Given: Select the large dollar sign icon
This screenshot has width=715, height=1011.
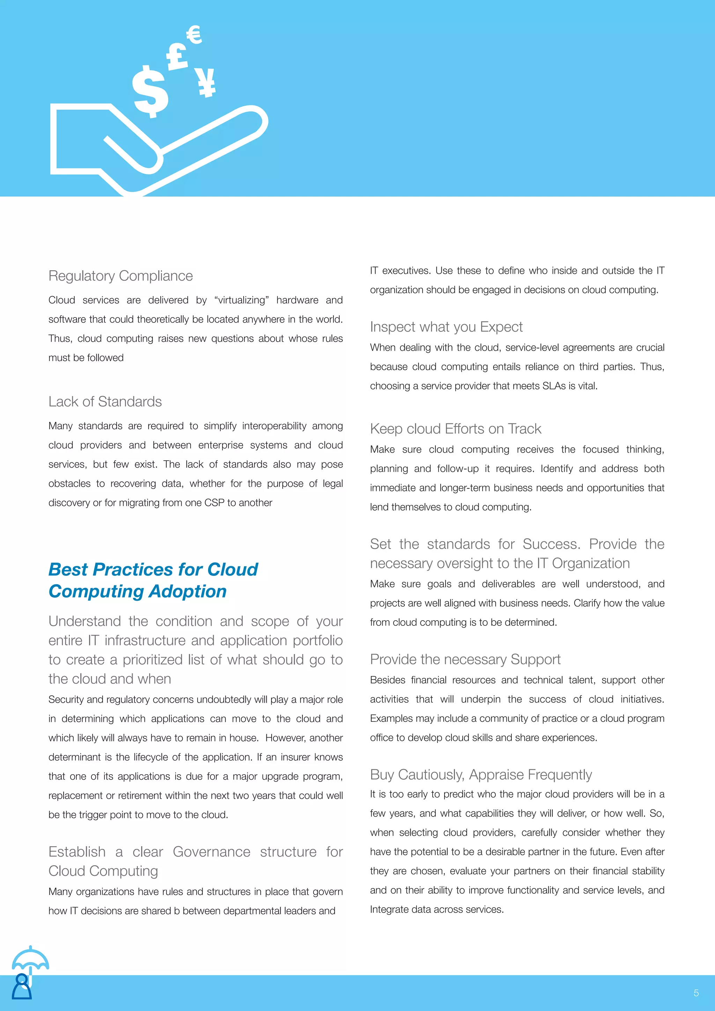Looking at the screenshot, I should click(x=150, y=91).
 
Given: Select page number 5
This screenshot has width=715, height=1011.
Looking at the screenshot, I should click(x=696, y=993).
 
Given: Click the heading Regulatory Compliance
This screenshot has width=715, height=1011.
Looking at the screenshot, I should click(x=121, y=276).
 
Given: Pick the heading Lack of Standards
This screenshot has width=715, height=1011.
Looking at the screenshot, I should click(x=105, y=402).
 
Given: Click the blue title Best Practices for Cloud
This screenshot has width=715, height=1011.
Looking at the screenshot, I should click(x=153, y=569).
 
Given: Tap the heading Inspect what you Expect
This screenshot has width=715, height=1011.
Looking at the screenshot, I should click(x=446, y=327).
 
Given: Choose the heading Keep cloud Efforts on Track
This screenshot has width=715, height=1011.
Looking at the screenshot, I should click(x=455, y=429).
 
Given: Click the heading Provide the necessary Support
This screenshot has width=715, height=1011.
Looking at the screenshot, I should click(x=465, y=659).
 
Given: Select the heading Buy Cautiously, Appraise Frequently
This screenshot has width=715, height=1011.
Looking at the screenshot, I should click(x=481, y=775).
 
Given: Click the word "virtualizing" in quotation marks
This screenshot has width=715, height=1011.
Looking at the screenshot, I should click(x=241, y=300).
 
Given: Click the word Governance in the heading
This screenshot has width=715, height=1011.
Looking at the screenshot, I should click(x=211, y=852).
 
